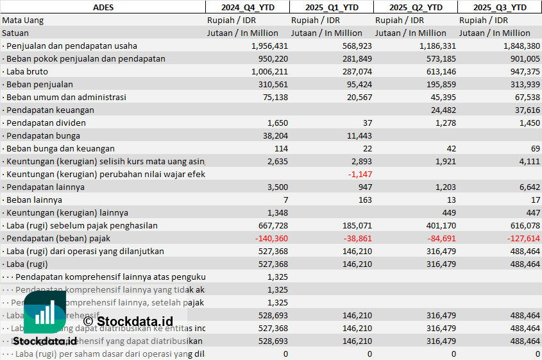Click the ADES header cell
(x=103, y=7)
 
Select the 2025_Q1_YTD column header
(x=331, y=7)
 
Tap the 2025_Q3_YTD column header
(x=500, y=7)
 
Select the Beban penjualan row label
(x=39, y=84)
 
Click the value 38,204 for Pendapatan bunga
(x=272, y=135)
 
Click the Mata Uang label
(x=23, y=20)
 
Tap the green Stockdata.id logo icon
(x=45, y=313)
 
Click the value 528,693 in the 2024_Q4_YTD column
(x=269, y=315)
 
